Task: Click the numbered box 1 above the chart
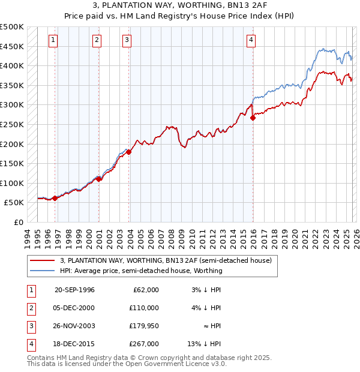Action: [x=53, y=40]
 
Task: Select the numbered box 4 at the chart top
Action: [x=251, y=40]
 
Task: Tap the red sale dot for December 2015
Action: [x=253, y=118]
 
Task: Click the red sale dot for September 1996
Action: [x=55, y=198]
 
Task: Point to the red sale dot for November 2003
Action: [x=129, y=152]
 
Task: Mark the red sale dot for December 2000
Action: [x=98, y=179]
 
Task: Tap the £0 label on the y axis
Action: [x=18, y=222]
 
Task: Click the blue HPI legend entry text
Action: [x=141, y=271]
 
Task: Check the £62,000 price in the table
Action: [x=145, y=290]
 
